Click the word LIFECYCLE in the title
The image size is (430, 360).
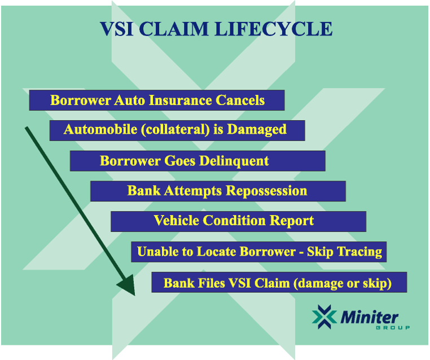[274, 29]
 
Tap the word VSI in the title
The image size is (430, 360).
[117, 29]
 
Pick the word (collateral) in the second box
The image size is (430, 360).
[175, 130]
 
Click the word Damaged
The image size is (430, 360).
[257, 130]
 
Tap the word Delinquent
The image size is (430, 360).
[234, 161]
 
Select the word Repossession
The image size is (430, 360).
[266, 191]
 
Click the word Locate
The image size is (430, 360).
[216, 252]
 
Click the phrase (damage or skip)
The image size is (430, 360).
[342, 283]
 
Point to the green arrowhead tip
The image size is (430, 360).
[135, 296]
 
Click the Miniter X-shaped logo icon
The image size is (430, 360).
[324, 317]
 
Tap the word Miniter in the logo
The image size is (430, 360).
[369, 318]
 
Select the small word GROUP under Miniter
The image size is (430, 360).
[393, 328]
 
